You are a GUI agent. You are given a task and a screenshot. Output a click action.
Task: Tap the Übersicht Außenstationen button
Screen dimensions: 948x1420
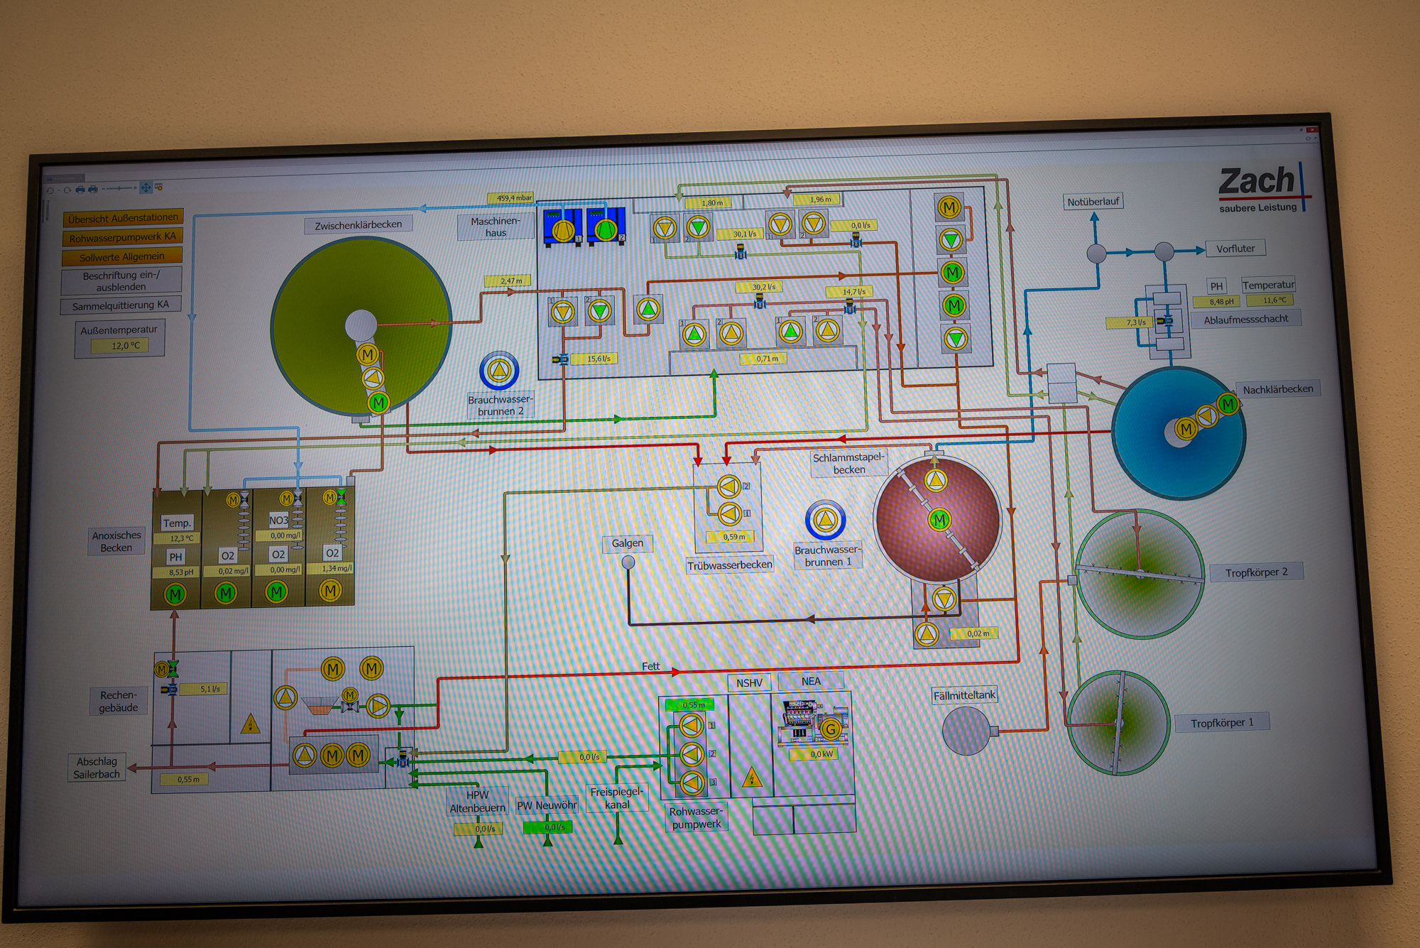tap(123, 218)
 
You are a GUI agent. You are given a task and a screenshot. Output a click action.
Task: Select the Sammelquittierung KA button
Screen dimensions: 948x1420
tap(121, 305)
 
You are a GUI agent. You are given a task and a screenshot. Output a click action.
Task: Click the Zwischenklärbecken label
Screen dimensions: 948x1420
tap(358, 225)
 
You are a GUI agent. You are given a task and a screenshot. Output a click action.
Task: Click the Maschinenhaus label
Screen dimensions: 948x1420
tap(496, 227)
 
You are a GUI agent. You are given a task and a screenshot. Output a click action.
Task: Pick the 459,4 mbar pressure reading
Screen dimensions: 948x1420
tap(514, 198)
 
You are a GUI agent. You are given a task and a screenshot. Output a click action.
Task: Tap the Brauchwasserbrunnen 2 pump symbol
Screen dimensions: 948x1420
tap(499, 370)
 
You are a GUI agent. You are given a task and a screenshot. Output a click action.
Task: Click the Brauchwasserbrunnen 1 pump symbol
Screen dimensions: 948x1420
tap(825, 520)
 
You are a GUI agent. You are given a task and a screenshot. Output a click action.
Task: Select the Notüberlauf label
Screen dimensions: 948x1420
tap(1093, 202)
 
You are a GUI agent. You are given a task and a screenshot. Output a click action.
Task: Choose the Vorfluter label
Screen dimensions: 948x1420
tap(1235, 249)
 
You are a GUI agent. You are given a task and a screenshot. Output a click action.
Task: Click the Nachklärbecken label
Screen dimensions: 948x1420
tap(1277, 389)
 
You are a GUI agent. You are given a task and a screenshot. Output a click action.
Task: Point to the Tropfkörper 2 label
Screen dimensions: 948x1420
tap(1256, 572)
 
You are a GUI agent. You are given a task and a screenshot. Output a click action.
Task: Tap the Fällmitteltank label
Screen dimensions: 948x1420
tap(964, 695)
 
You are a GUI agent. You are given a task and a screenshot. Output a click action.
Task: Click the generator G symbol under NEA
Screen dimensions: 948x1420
tap(830, 729)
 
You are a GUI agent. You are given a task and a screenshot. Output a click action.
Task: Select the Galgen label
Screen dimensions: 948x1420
tap(628, 543)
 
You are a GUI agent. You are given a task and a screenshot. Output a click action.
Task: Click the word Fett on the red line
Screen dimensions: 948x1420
tap(650, 666)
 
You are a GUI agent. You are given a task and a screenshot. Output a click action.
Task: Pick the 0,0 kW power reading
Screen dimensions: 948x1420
tap(821, 754)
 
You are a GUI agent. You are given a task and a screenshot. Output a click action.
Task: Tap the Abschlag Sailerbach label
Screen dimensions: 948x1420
tap(97, 768)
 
